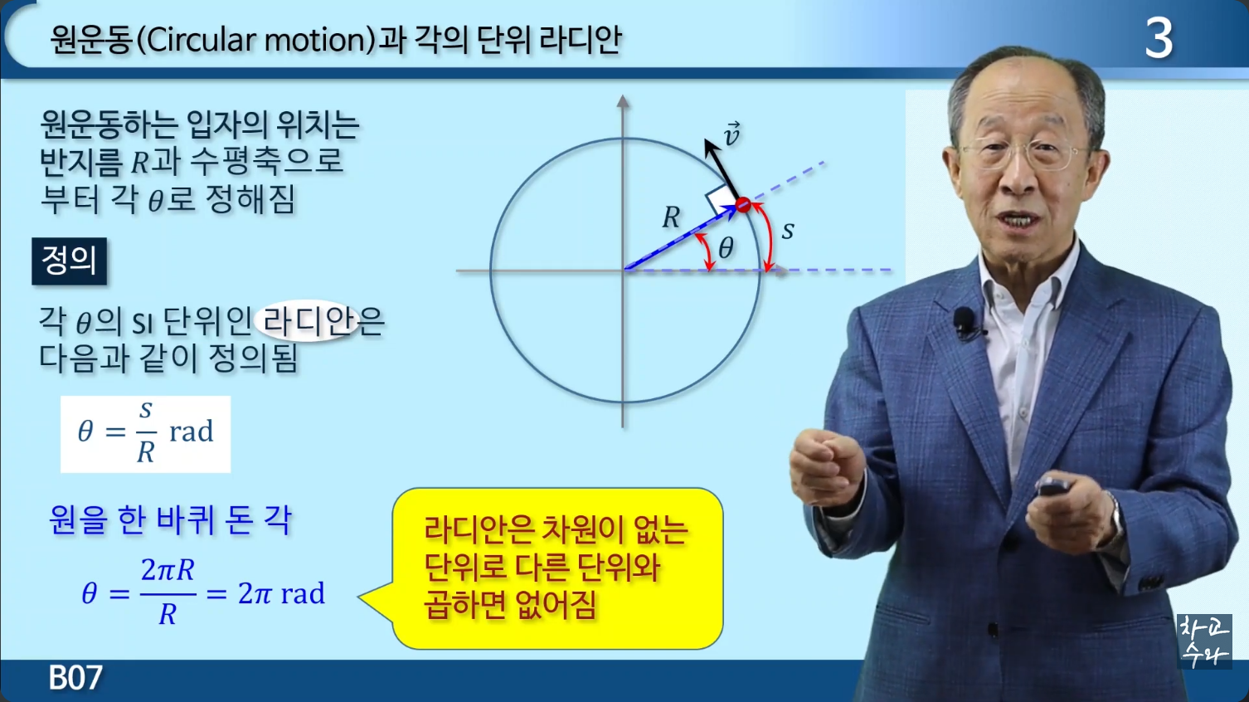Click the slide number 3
pos(1159,39)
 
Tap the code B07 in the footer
pos(75,677)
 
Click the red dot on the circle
pos(743,205)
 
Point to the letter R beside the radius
pos(671,217)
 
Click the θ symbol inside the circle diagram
pos(726,248)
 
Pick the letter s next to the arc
pos(787,231)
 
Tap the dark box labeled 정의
pos(69,261)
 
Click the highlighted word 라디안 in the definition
pos(309,321)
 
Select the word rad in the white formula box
pos(192,431)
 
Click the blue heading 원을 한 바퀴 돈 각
pos(170,520)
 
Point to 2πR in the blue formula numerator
pos(168,570)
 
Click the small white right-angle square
pos(718,199)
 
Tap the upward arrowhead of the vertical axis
pos(623,101)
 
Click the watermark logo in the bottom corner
pos(1204,641)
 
